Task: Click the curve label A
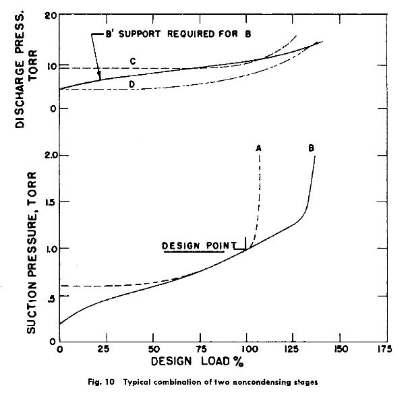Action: point(259,148)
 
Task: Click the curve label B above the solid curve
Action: point(312,148)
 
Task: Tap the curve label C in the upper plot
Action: point(133,61)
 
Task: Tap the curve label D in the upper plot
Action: point(132,84)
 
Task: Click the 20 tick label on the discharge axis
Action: point(48,16)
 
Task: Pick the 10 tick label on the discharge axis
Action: point(48,65)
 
